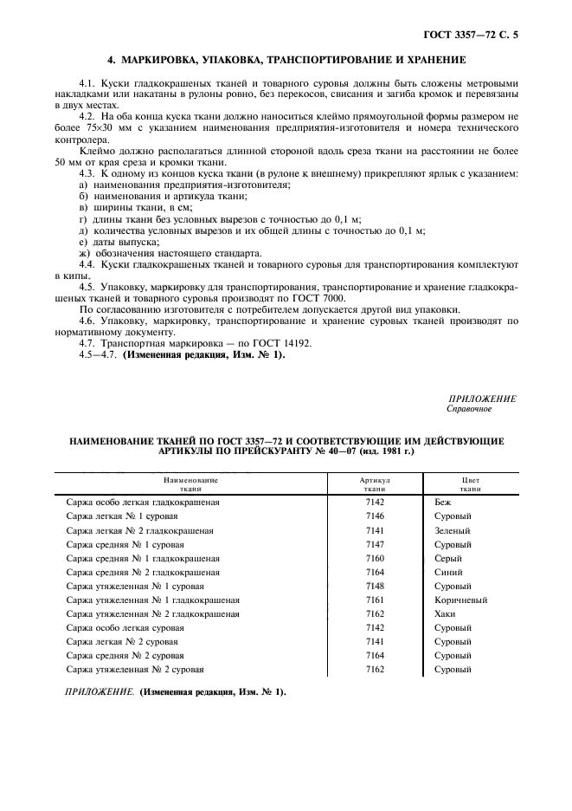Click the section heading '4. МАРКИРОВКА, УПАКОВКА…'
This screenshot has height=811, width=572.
coord(286,61)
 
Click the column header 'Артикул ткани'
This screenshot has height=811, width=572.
coord(376,483)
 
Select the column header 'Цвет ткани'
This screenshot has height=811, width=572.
coord(470,483)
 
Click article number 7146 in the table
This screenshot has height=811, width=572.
coord(376,516)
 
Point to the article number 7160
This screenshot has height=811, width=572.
coord(376,559)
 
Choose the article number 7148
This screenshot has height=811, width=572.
coord(376,587)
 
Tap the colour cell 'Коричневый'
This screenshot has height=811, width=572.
coord(460,600)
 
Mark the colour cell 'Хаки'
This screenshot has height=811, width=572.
coord(445,614)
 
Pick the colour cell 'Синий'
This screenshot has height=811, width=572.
coord(447,573)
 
